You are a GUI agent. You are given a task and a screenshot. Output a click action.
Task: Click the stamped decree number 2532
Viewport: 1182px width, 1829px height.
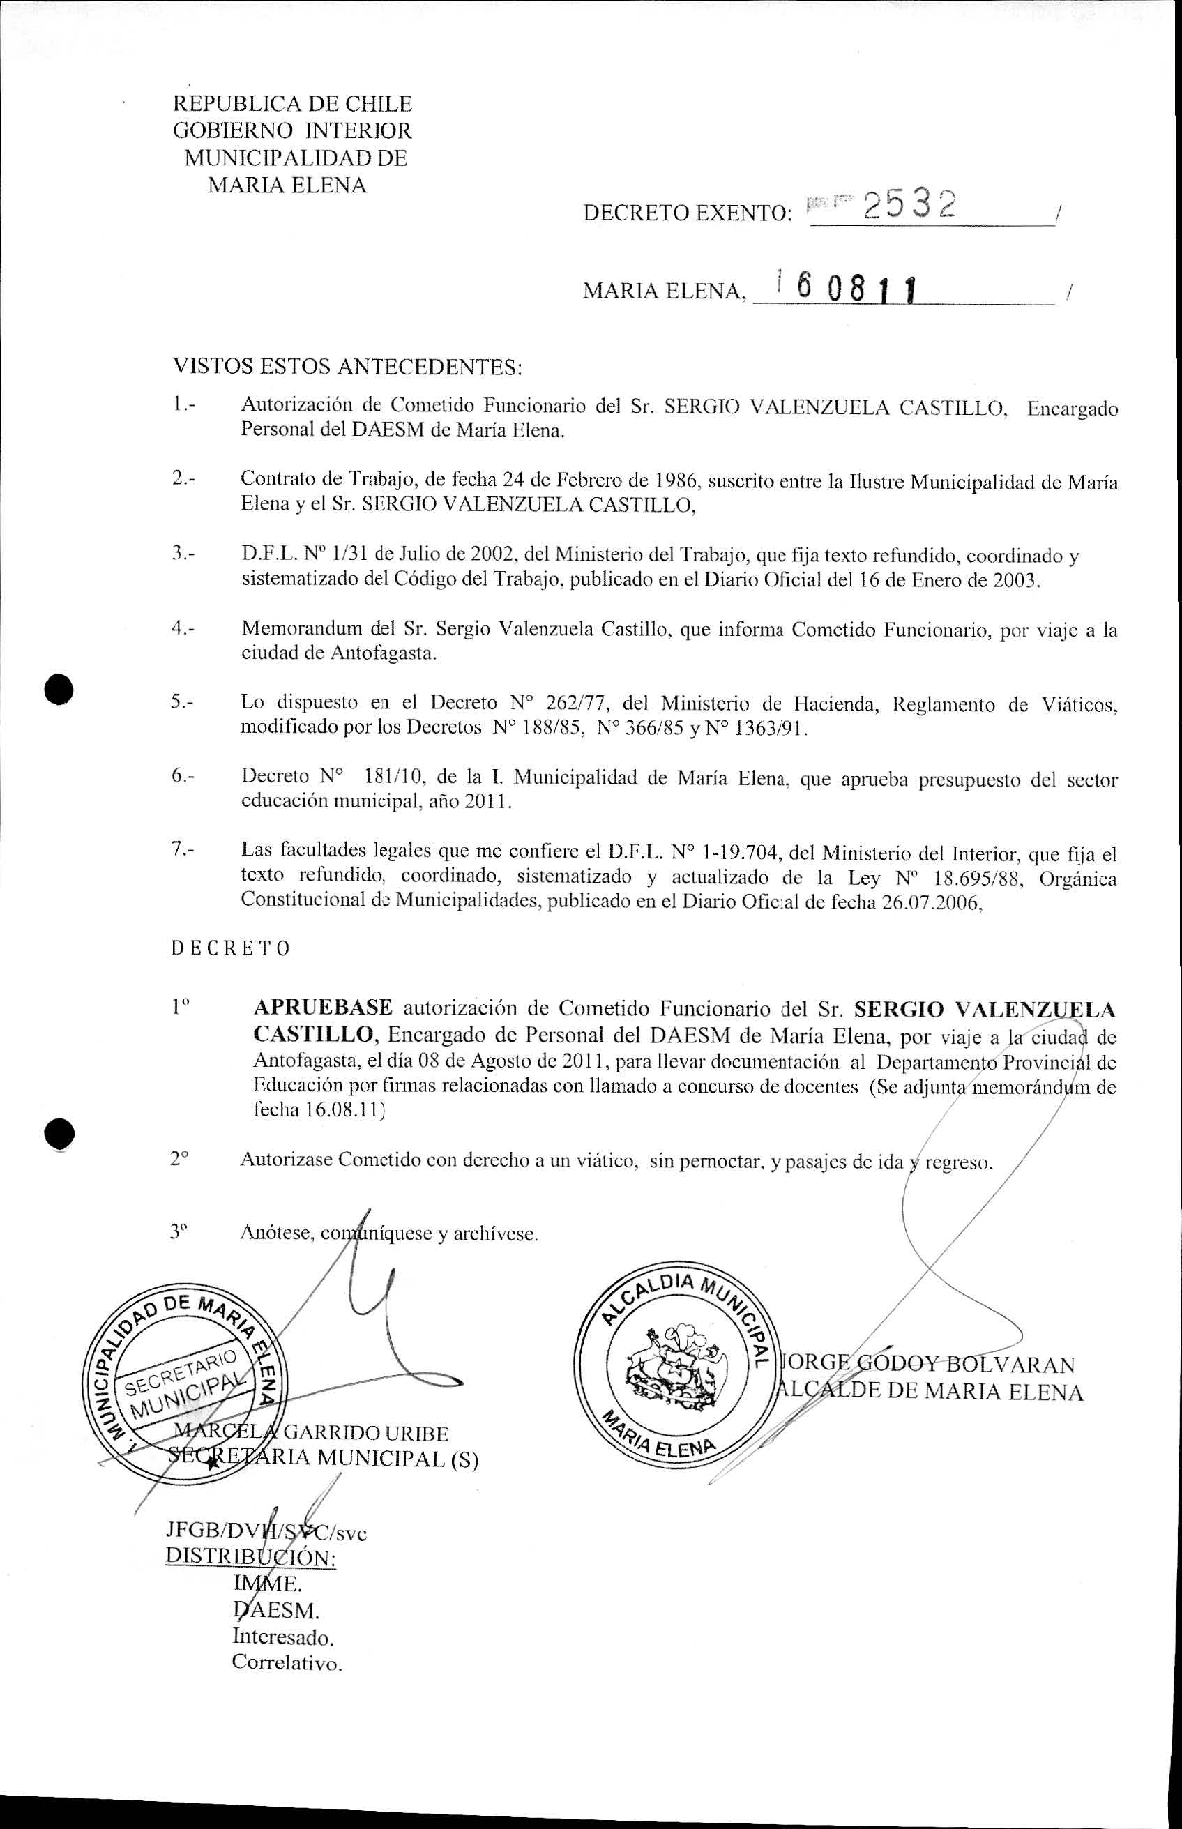pyautogui.click(x=910, y=206)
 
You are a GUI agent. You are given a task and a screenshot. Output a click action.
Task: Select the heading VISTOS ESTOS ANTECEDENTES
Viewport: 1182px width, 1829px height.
pyautogui.click(x=347, y=366)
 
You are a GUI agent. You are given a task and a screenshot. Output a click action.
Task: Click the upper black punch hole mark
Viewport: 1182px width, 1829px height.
pyautogui.click(x=59, y=688)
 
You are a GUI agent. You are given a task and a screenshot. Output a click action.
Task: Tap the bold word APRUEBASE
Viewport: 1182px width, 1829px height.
pyautogui.click(x=323, y=1008)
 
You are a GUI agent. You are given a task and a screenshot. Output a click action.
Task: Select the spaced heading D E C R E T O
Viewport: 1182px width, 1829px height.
pyautogui.click(x=230, y=948)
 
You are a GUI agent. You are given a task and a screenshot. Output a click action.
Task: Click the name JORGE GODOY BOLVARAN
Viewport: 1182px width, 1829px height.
pyautogui.click(x=929, y=1364)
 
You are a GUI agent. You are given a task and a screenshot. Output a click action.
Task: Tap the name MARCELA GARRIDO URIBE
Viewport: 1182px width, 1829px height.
pyautogui.click(x=311, y=1433)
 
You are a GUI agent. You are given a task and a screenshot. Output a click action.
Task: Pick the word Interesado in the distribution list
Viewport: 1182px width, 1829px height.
pyautogui.click(x=283, y=1637)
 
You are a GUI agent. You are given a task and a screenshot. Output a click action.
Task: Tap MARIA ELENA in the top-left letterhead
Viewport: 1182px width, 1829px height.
pyautogui.click(x=287, y=185)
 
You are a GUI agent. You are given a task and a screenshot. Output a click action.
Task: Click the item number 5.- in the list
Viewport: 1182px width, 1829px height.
pyautogui.click(x=183, y=701)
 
